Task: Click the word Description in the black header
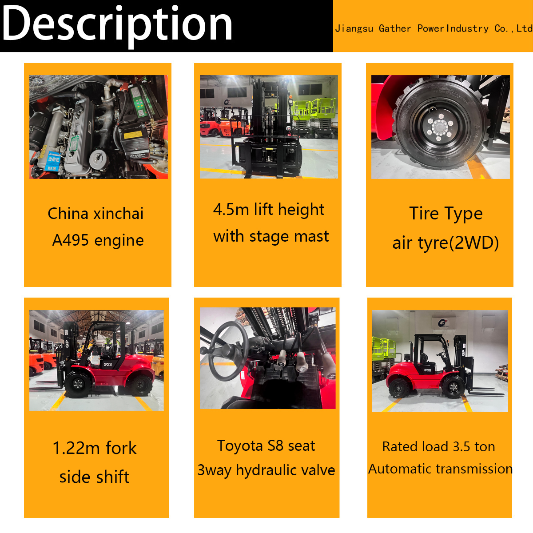tap(117, 25)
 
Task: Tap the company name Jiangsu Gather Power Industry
tap(412, 28)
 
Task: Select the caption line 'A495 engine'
tap(98, 240)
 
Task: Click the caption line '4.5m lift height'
tap(268, 209)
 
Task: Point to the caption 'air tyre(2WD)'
tap(445, 243)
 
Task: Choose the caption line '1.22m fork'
tap(95, 448)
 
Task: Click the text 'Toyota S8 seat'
tap(266, 446)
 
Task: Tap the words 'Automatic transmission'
tap(440, 469)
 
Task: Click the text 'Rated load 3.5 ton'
tap(438, 447)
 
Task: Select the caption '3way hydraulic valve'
tap(266, 470)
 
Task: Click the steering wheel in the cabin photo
tap(229, 351)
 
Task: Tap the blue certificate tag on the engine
tap(53, 161)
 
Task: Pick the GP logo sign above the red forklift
tap(442, 323)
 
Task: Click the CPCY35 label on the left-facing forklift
tap(107, 365)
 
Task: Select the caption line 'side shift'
tap(94, 477)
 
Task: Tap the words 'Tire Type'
tap(446, 214)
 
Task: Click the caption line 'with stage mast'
tap(271, 236)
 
